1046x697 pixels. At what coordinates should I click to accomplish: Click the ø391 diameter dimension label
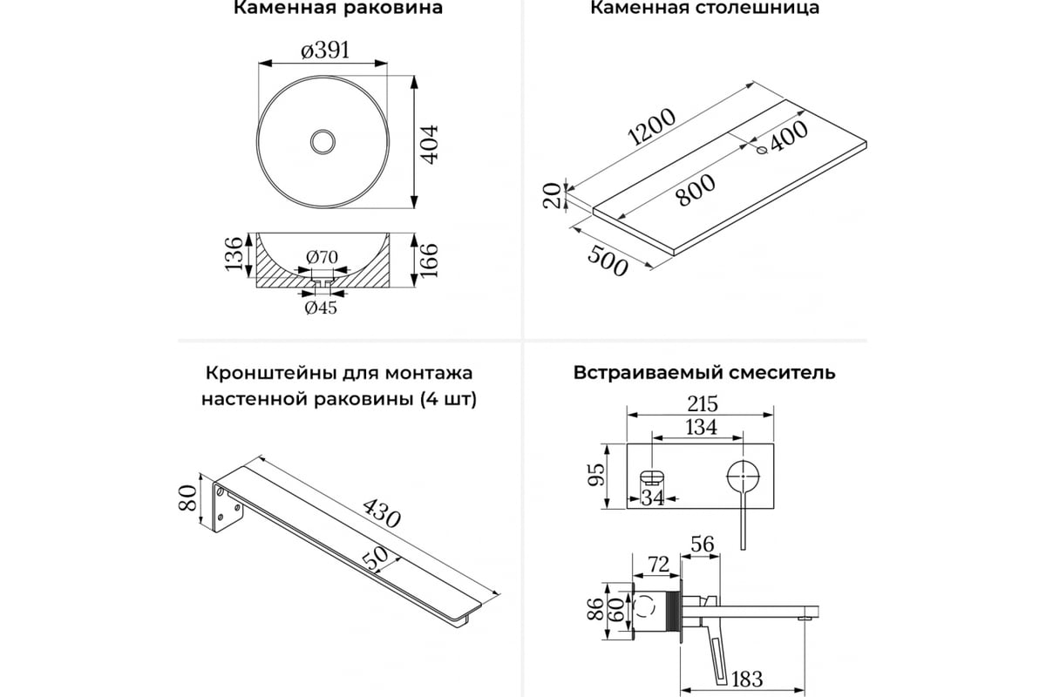[325, 51]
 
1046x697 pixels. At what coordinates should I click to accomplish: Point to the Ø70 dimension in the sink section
[322, 257]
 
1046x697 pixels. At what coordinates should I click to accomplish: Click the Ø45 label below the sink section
[321, 307]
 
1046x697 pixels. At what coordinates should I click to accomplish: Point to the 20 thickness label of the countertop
[551, 195]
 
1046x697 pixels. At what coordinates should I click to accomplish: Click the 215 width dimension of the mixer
[701, 404]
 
